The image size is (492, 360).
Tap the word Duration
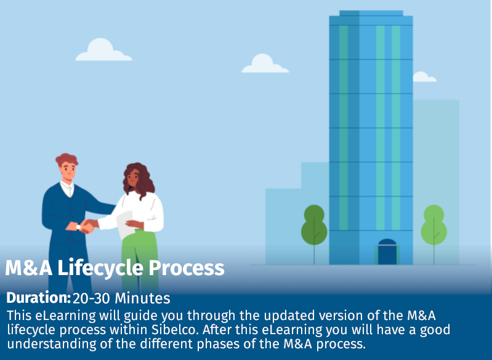pos(38,299)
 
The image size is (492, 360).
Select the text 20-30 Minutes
pos(121,299)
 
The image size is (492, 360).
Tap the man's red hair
pos(66,159)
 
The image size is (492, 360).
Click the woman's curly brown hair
pos(139,178)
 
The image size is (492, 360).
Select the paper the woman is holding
pos(124,217)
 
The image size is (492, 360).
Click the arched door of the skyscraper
pos(387,252)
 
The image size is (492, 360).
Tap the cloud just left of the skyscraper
pos(265,64)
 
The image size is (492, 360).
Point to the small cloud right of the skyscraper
pos(424,77)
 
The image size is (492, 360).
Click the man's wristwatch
pos(78,226)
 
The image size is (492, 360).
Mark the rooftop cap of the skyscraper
pos(371,13)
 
